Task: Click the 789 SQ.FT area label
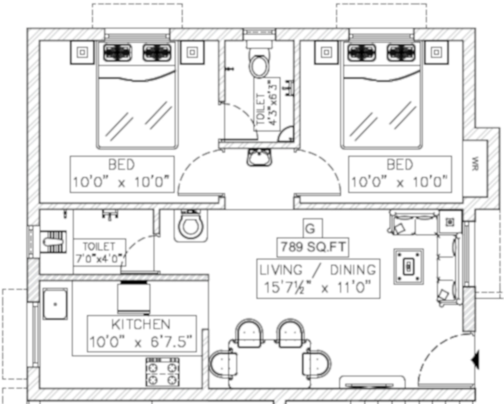point(313,246)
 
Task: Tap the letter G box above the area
point(310,228)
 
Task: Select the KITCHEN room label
point(141,324)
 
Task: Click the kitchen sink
point(55,304)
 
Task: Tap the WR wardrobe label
point(475,161)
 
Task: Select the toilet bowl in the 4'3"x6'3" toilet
point(259,66)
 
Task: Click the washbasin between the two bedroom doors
point(259,158)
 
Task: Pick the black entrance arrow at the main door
point(476,360)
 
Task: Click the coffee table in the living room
point(409,267)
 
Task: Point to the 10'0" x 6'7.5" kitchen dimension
point(141,343)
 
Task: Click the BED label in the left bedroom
point(121,165)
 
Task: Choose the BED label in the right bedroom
point(399,165)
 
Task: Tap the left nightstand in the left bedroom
point(82,53)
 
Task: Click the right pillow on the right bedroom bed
point(402,53)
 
